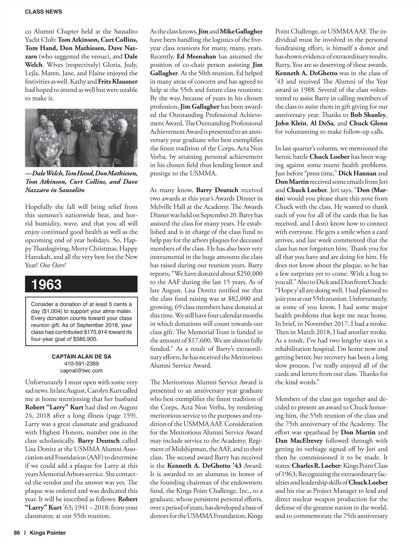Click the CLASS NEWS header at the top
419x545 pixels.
(44, 12)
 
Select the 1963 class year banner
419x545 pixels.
(47, 284)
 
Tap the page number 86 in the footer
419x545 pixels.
(17, 533)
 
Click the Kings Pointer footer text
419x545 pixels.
(48, 533)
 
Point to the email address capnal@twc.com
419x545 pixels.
(81, 370)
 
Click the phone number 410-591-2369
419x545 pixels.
(81, 363)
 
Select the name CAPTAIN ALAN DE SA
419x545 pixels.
(81, 356)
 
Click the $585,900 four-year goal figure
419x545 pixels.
(85, 339)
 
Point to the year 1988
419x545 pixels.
(314, 90)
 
